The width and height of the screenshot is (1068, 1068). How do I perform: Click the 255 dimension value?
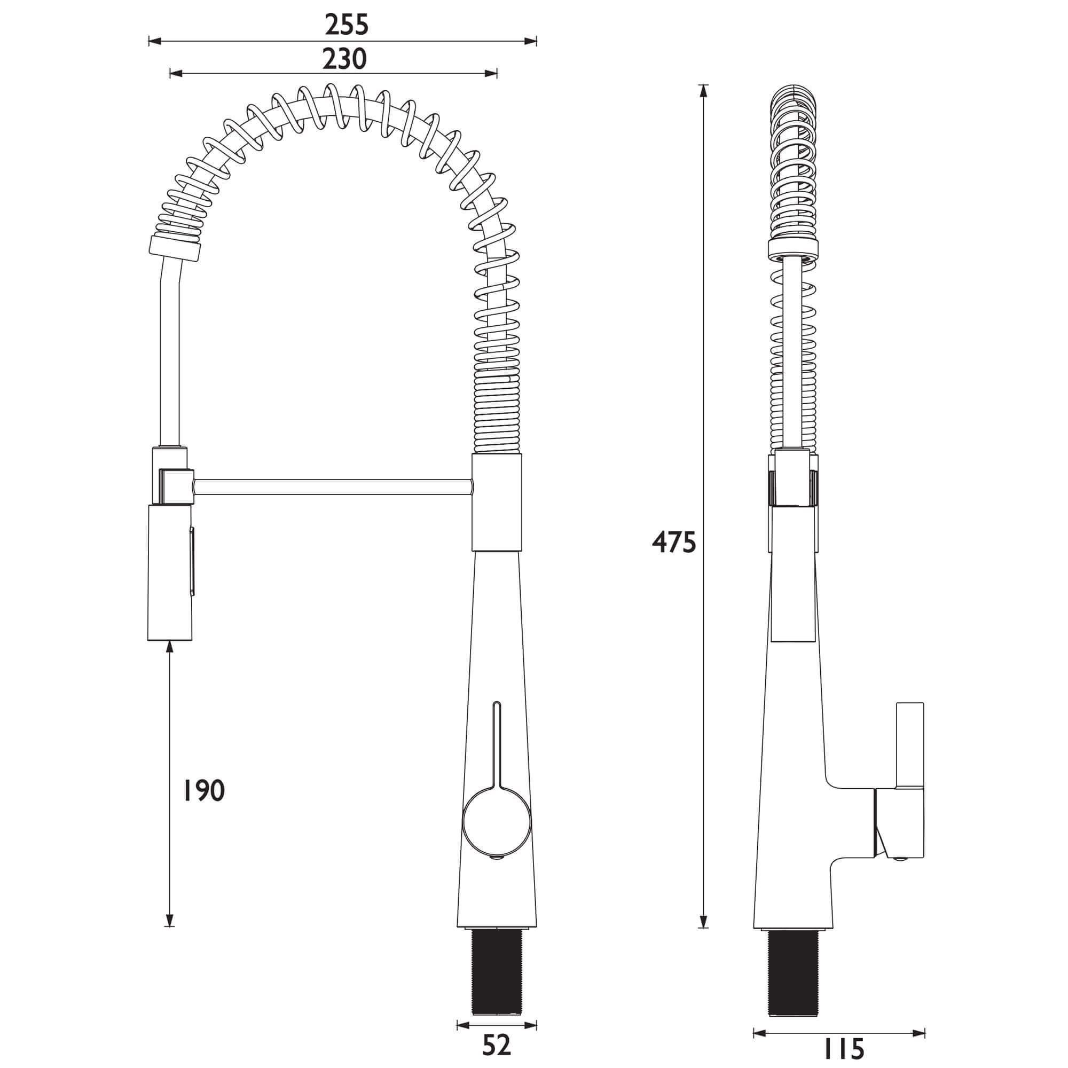[346, 25]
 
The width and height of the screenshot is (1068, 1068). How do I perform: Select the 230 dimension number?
[344, 59]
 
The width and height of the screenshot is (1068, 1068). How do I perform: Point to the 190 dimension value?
[204, 790]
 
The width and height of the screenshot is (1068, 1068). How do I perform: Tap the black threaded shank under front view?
[497, 952]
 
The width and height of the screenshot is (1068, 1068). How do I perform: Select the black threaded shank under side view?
[792, 953]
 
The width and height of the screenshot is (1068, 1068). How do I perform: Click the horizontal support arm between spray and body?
[332, 487]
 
